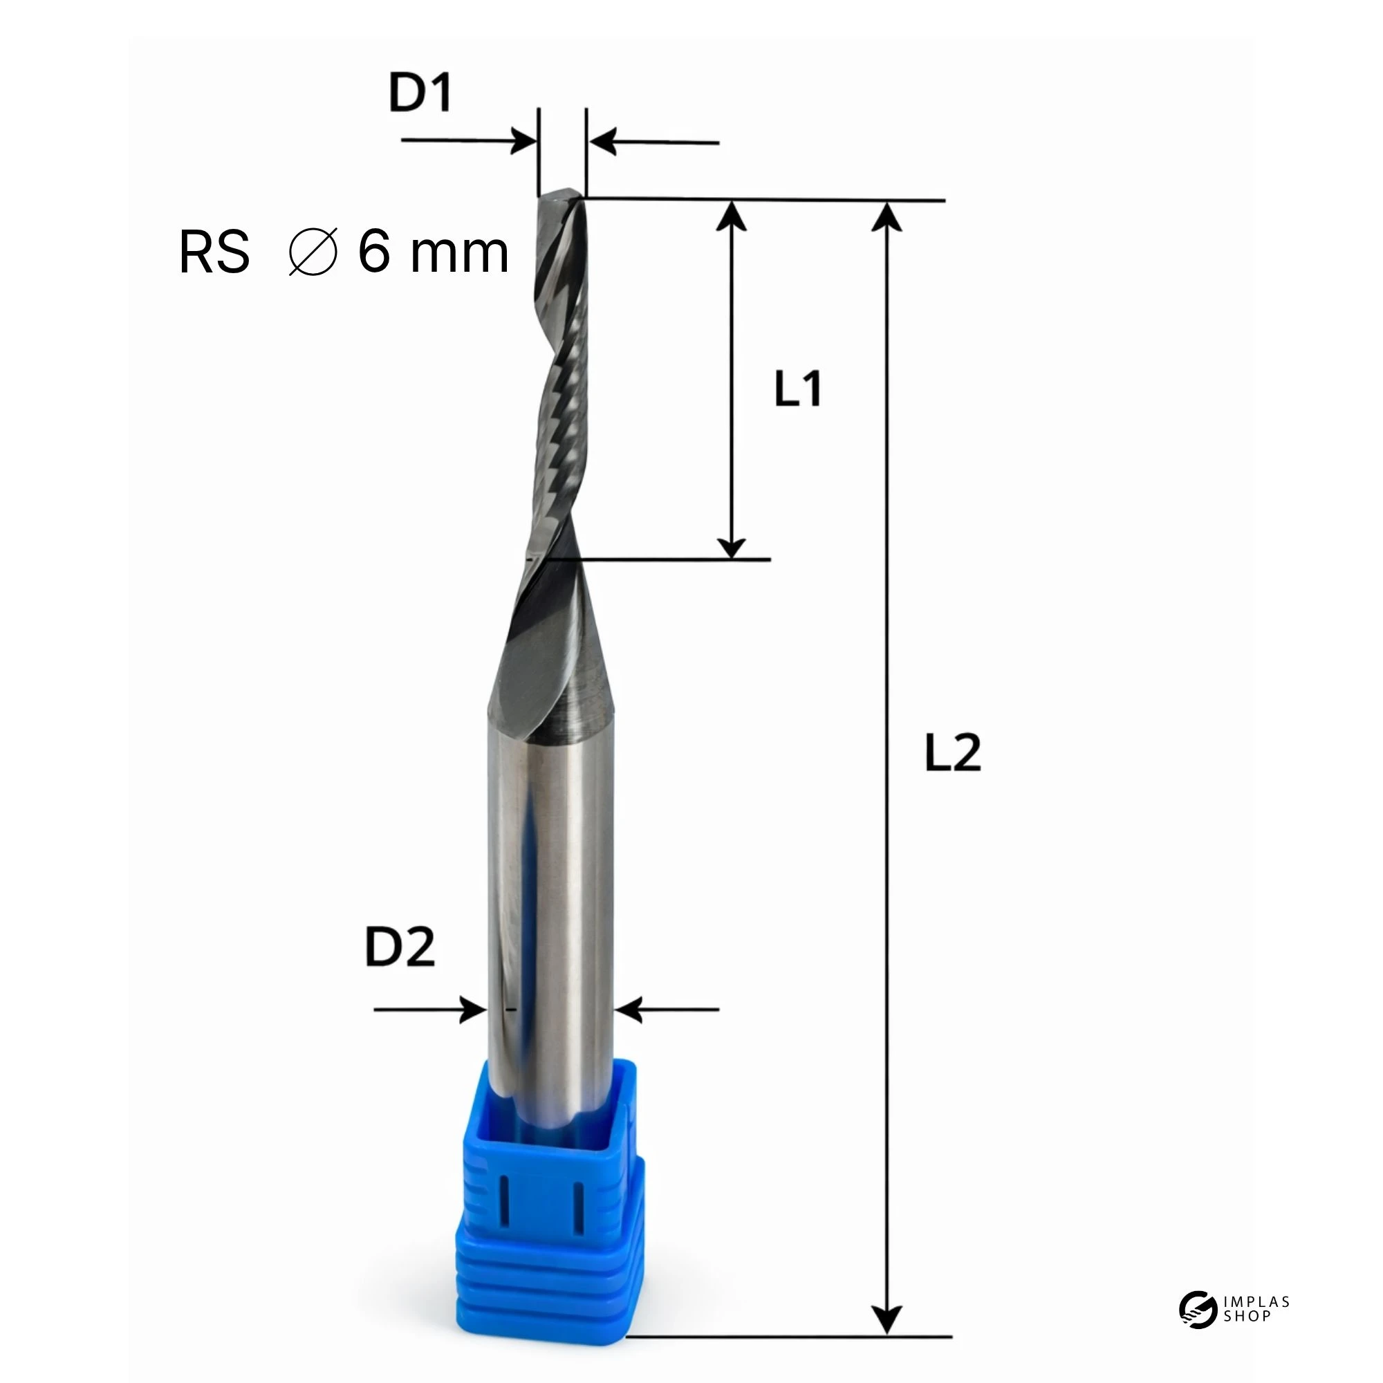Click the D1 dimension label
pos(420,93)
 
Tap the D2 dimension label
pos(400,947)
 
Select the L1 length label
pos(798,389)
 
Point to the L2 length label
pos(953,752)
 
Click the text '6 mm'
pos(433,252)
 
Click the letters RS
pos(214,252)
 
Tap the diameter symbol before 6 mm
pos(313,252)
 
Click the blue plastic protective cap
pos(550,1203)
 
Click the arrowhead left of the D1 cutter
pos(523,140)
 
